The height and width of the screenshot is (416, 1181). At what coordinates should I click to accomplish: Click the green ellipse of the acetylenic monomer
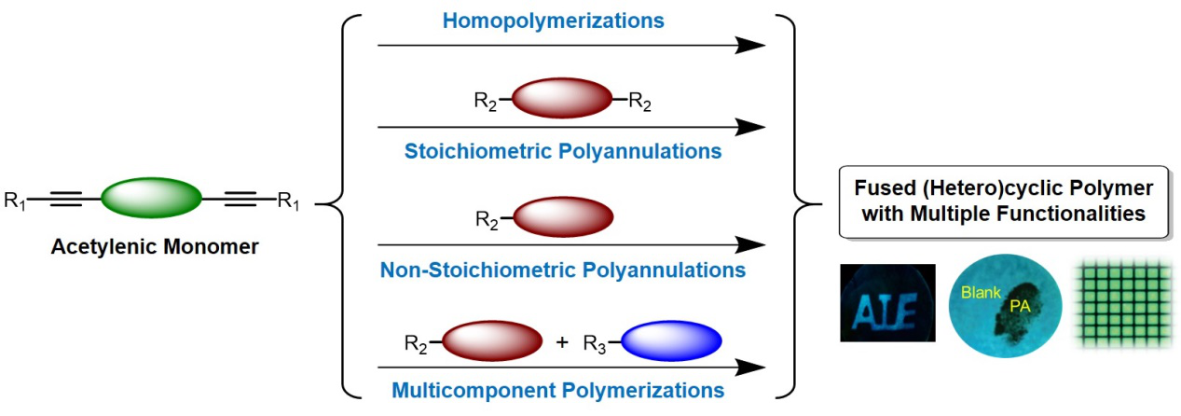click(151, 198)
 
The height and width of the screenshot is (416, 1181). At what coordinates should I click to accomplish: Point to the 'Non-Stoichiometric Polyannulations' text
click(563, 270)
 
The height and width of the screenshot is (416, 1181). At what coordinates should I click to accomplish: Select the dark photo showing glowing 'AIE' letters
click(886, 302)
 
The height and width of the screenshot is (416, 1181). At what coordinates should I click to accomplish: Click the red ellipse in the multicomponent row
click(491, 341)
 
